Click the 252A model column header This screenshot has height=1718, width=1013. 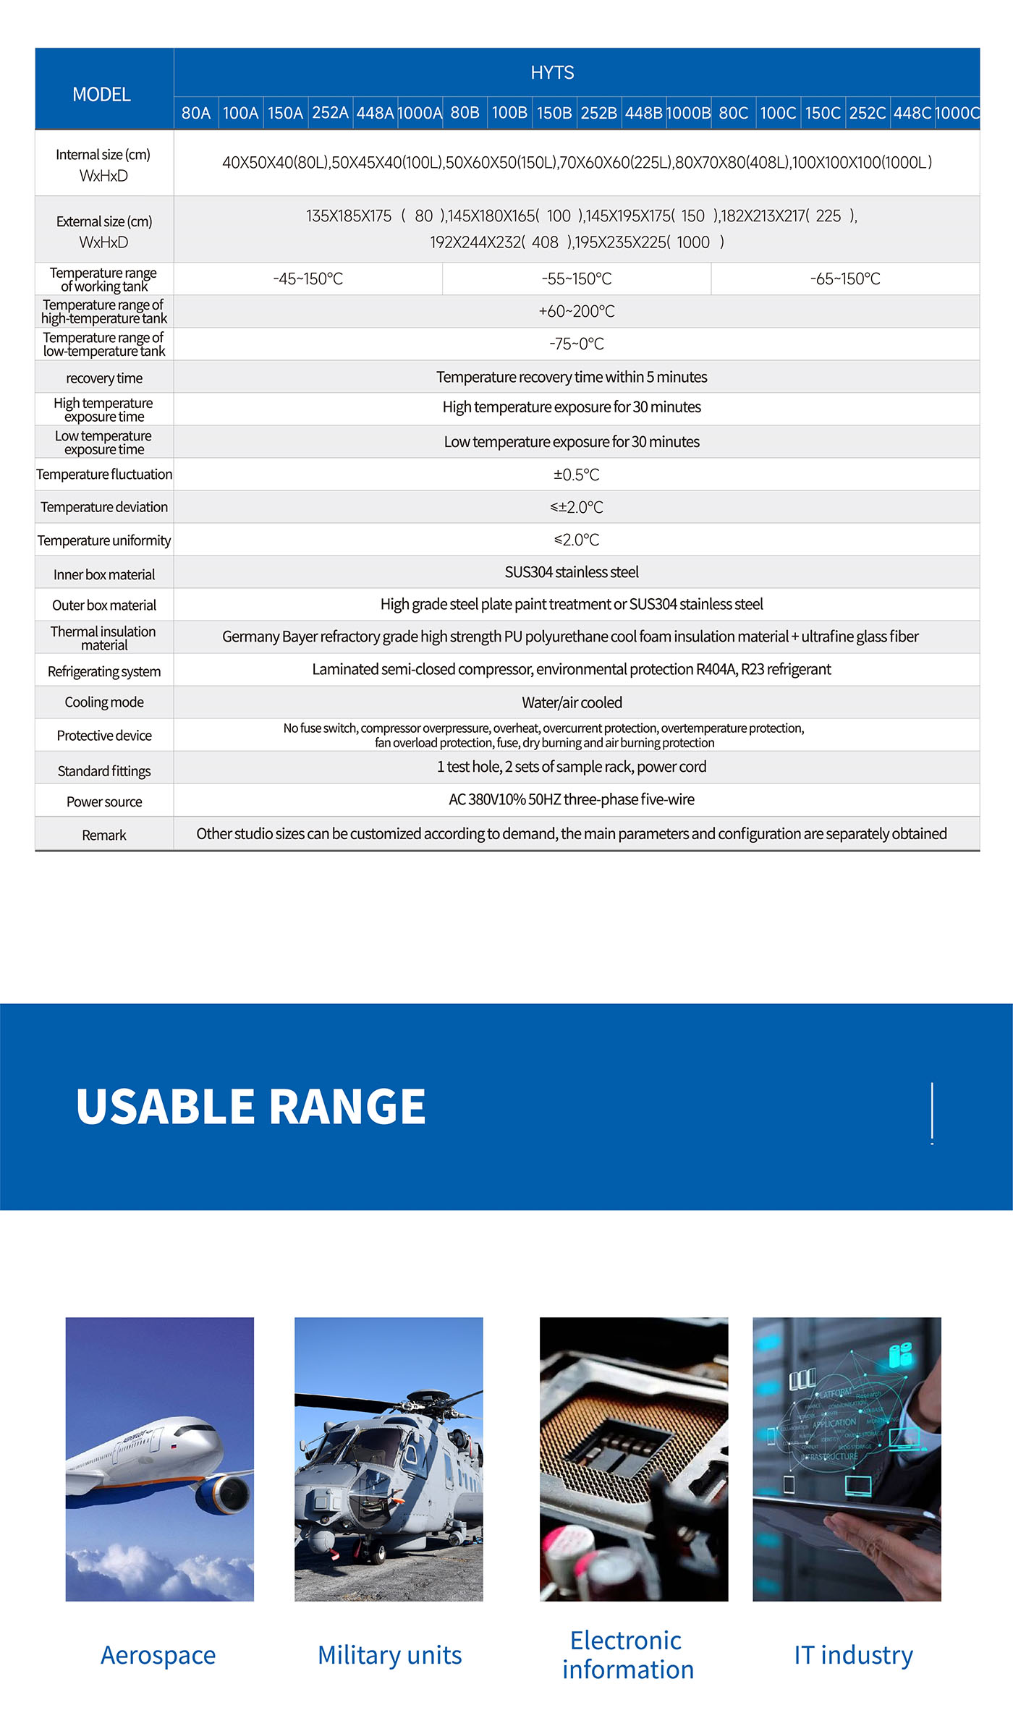click(330, 113)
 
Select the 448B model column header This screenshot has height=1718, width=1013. click(643, 113)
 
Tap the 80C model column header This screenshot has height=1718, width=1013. click(733, 113)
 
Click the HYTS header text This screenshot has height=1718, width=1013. click(552, 72)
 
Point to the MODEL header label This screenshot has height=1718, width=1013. click(101, 94)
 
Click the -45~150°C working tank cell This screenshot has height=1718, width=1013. click(308, 278)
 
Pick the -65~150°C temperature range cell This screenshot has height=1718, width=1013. click(845, 278)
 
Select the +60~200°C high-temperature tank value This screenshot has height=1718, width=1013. click(576, 311)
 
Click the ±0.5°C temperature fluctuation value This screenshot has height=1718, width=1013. click(576, 475)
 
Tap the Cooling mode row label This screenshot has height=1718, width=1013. click(104, 702)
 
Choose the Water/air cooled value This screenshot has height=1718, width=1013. click(572, 702)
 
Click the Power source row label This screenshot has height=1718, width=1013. click(104, 801)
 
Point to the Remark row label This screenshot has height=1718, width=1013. click(104, 835)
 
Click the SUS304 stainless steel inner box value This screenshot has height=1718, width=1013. click(572, 572)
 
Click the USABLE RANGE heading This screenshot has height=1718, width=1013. click(250, 1107)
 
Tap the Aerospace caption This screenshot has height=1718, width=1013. click(158, 1655)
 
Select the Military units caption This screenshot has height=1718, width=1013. click(389, 1655)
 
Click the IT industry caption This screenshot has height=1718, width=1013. click(853, 1655)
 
